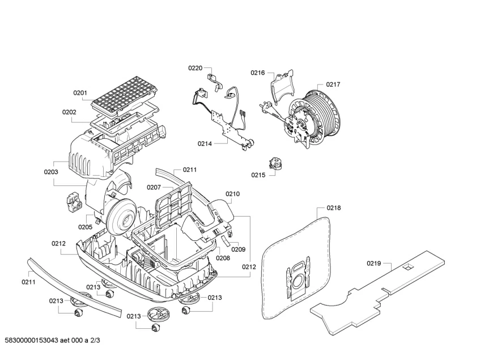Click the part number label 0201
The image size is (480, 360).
click(80, 93)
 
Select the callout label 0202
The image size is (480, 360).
click(69, 112)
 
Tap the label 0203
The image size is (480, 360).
click(51, 171)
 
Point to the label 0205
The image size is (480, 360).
click(85, 227)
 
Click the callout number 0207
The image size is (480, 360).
click(154, 187)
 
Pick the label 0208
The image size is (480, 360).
click(223, 258)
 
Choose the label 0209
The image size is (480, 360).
click(238, 249)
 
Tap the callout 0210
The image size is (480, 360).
click(232, 194)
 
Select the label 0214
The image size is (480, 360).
click(205, 144)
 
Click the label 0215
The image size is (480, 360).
click(258, 175)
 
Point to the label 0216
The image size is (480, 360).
click(258, 73)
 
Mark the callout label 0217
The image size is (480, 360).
click(333, 84)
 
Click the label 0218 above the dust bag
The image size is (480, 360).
click(334, 208)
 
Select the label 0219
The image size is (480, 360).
click(373, 263)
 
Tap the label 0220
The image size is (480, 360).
click(196, 67)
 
